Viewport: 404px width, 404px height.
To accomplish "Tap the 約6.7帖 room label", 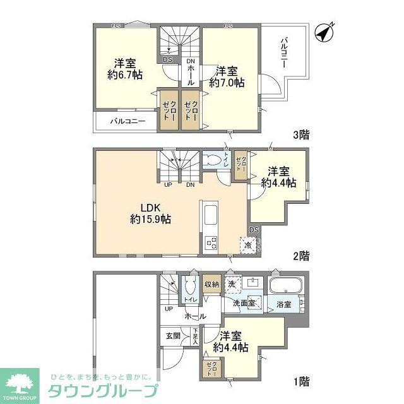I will [125, 69].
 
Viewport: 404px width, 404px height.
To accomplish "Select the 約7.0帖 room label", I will [227, 76].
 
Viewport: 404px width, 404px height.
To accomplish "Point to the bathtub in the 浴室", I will [287, 287].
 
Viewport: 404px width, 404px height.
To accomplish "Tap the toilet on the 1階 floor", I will [189, 290].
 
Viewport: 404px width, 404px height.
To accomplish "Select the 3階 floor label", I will [301, 134].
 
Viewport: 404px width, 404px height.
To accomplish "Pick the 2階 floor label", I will [301, 256].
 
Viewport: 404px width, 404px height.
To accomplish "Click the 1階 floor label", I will [301, 381].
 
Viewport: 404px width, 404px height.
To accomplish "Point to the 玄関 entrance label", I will [173, 336].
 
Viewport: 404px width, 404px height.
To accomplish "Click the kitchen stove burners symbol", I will [211, 242].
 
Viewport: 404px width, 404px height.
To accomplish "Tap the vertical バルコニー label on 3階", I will [286, 52].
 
